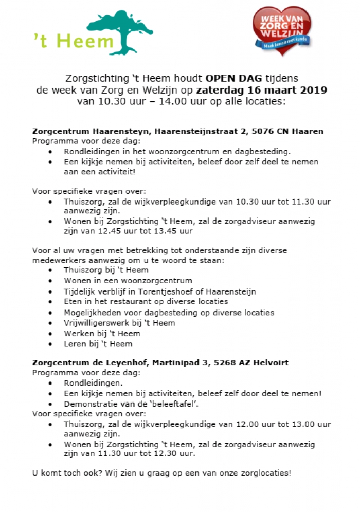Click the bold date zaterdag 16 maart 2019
pos(261,90)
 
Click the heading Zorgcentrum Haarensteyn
pos(91,131)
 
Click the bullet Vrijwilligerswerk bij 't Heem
pos(119,323)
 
